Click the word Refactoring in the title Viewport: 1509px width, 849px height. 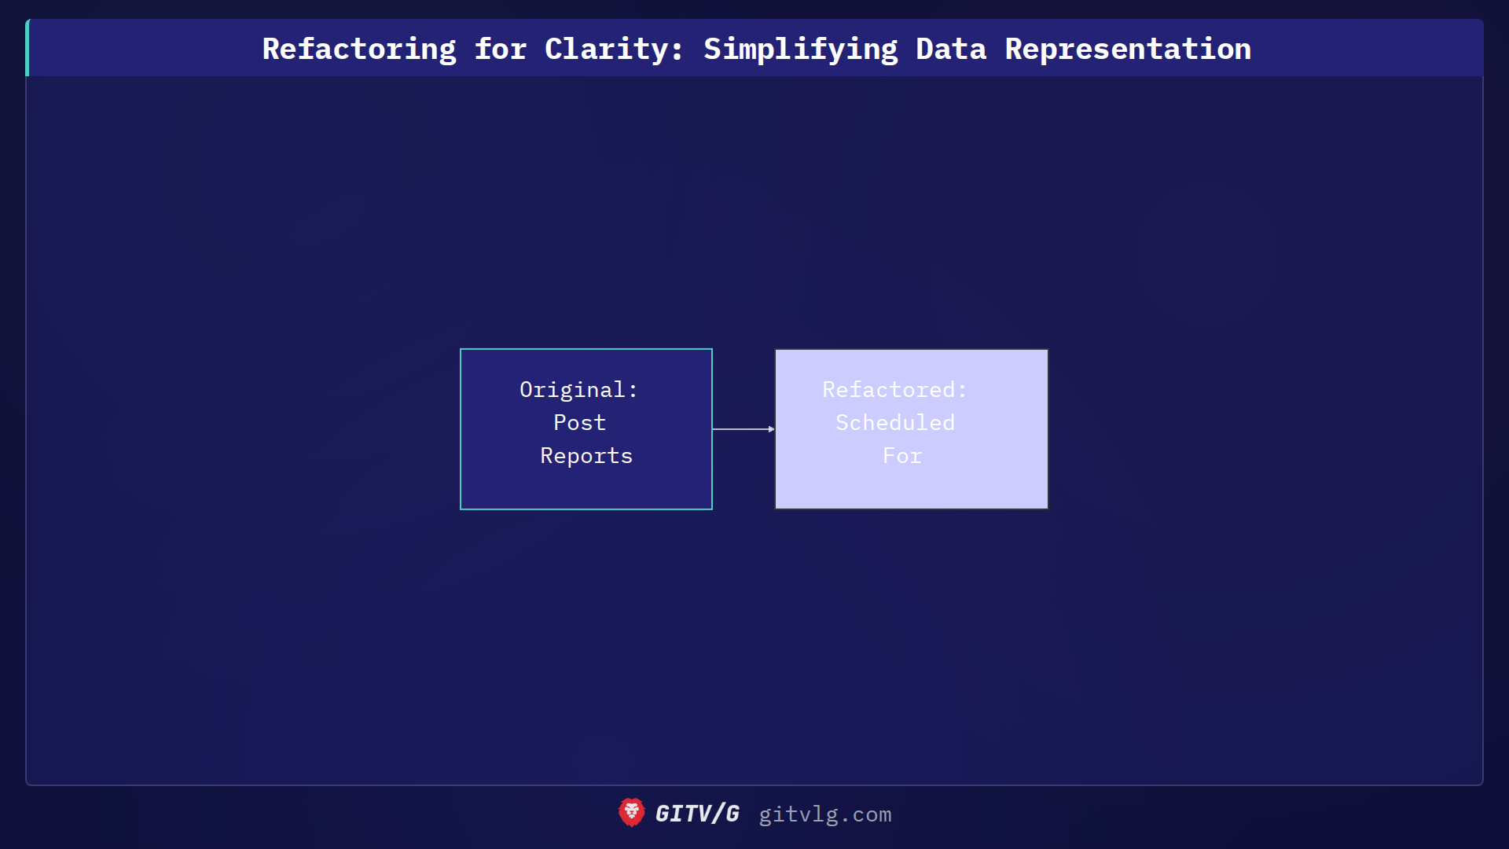pos(359,50)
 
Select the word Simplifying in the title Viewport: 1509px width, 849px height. pos(800,50)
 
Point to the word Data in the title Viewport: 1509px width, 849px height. pos(951,50)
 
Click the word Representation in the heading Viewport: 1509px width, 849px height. pos(1128,50)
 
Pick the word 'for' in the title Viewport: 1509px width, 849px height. pos(501,50)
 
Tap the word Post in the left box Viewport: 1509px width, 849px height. pos(580,423)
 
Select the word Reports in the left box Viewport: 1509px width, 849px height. pos(586,456)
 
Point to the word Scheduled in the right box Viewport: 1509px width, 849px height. pos(895,423)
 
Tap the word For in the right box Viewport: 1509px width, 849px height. pos(902,456)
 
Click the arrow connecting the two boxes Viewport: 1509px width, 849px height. pos(741,429)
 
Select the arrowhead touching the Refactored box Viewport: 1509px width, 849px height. pos(772,429)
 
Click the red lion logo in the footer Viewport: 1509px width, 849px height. pos(631,813)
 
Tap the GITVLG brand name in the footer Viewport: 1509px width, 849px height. pos(698,814)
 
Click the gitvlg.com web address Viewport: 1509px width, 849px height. pos(825,814)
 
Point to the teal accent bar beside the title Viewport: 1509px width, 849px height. pos(28,48)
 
